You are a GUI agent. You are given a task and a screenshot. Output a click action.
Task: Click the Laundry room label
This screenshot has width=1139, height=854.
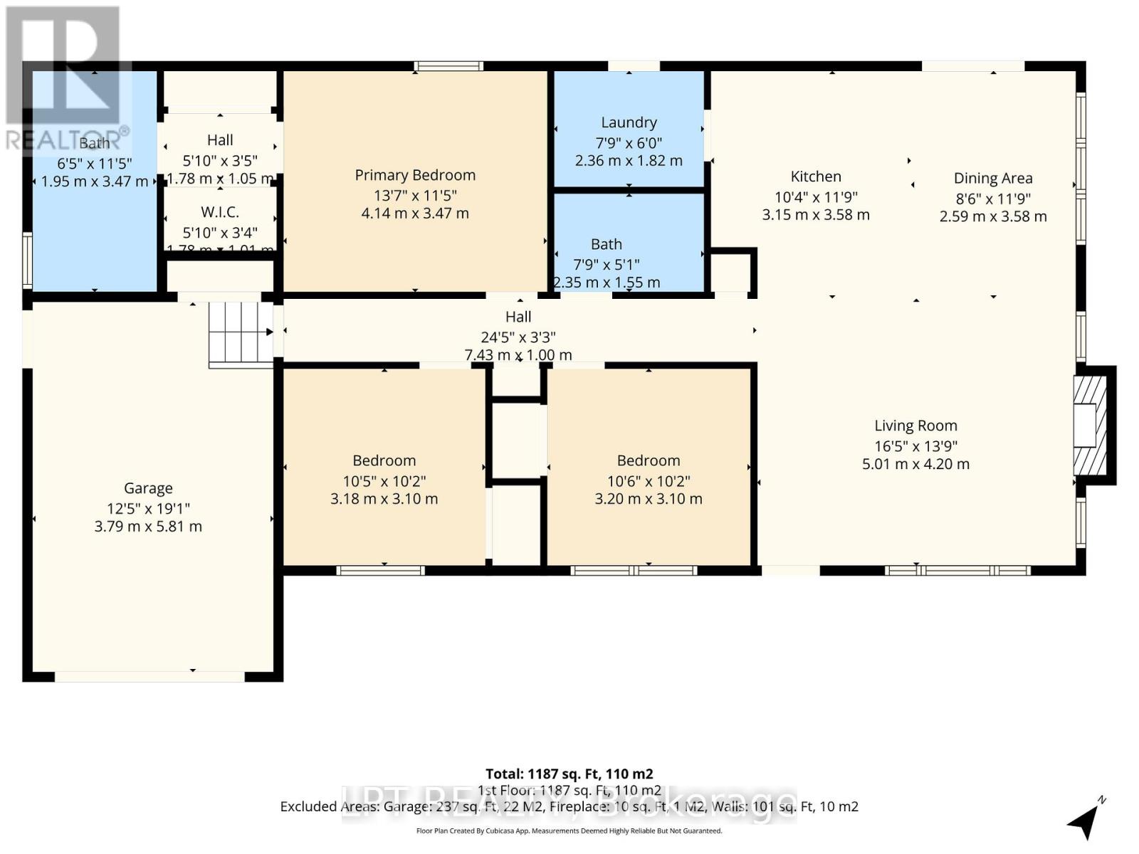click(x=629, y=122)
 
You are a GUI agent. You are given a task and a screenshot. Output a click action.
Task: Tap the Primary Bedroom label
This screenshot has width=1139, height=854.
click(x=415, y=175)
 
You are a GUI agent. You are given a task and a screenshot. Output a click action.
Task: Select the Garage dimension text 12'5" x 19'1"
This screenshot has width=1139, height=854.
click(x=148, y=508)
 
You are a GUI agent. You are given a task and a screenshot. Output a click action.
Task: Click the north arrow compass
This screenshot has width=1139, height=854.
click(x=1086, y=821)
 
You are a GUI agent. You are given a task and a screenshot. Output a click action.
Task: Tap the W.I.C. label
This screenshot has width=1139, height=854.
click(x=220, y=212)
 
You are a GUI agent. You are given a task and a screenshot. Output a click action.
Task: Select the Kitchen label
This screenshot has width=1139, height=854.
click(x=816, y=176)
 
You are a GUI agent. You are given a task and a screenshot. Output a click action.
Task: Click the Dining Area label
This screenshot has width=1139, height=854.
click(x=993, y=179)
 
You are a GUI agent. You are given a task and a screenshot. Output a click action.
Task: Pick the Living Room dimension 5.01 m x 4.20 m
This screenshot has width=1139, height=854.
click(x=915, y=464)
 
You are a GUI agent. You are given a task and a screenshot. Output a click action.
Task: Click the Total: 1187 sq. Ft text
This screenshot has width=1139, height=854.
click(x=569, y=774)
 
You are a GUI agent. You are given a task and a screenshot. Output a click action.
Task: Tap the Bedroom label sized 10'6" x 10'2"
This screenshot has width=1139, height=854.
click(x=649, y=460)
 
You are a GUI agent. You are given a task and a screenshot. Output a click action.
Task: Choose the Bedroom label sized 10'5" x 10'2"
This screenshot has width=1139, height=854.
click(x=384, y=460)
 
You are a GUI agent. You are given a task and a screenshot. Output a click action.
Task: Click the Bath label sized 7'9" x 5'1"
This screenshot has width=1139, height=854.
click(x=606, y=244)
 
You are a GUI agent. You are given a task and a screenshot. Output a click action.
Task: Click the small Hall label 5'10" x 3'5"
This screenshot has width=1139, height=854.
click(x=220, y=140)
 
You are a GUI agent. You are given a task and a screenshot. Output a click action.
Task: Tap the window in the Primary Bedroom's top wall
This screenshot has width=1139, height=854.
click(x=449, y=66)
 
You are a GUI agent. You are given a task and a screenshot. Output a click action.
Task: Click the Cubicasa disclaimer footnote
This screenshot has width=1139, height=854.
click(x=569, y=831)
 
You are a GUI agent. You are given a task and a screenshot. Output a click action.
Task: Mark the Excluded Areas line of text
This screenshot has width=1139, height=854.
click(x=569, y=806)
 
